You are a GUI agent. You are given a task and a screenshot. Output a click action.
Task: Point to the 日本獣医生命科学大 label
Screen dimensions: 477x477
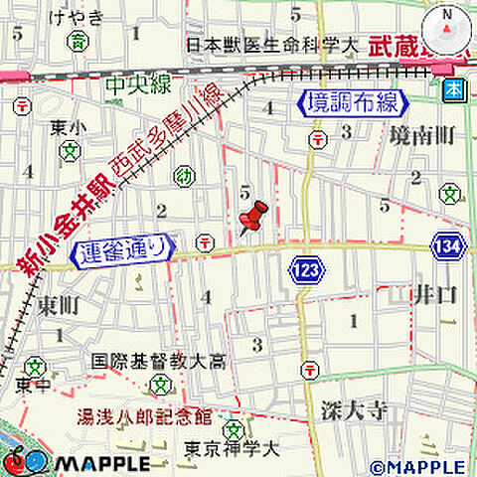pyautogui.click(x=271, y=45)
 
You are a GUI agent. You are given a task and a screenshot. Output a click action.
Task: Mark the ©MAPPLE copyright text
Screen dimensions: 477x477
pyautogui.click(x=416, y=466)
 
